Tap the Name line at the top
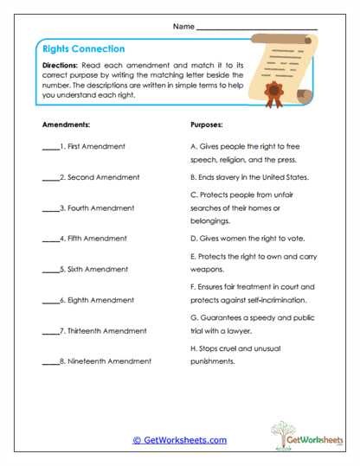256,28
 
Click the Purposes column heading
207,124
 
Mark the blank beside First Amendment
50,148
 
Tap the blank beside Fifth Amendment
50,239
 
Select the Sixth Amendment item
93,270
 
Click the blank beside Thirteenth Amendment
50,331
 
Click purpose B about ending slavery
249,176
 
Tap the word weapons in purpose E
207,270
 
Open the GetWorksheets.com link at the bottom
180,440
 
